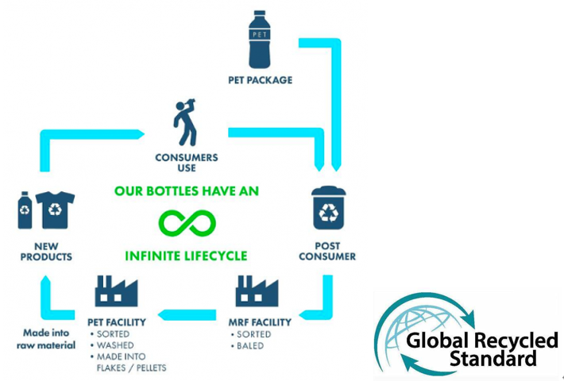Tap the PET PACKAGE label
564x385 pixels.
tap(259, 79)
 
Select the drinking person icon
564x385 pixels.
tap(186, 120)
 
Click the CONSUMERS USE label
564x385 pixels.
tap(186, 162)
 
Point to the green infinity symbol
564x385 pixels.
tap(187, 223)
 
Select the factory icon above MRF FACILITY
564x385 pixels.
tap(255, 291)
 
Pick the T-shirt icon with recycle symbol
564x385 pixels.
tap(55, 210)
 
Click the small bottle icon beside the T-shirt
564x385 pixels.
tap(25, 210)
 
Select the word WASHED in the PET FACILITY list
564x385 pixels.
tap(116, 345)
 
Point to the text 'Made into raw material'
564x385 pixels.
tap(46, 340)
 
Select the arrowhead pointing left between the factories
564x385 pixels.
tap(164, 315)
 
